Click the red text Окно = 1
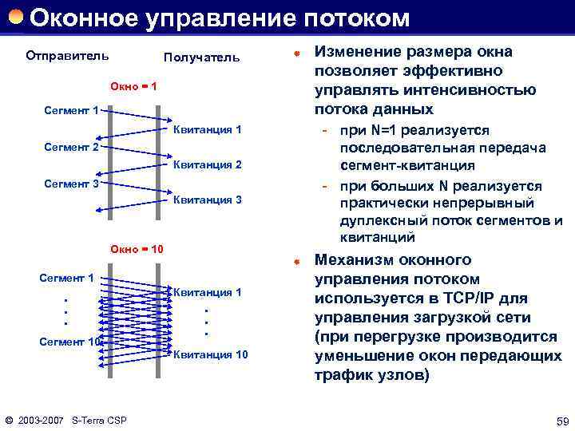133,85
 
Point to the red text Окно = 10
137,250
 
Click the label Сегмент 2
71,148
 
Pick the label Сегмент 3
71,184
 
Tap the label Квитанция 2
207,164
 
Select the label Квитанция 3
207,200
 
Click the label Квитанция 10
210,354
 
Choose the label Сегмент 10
71,342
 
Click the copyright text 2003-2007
40,420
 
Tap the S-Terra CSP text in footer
99,420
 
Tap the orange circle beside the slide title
16,16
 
